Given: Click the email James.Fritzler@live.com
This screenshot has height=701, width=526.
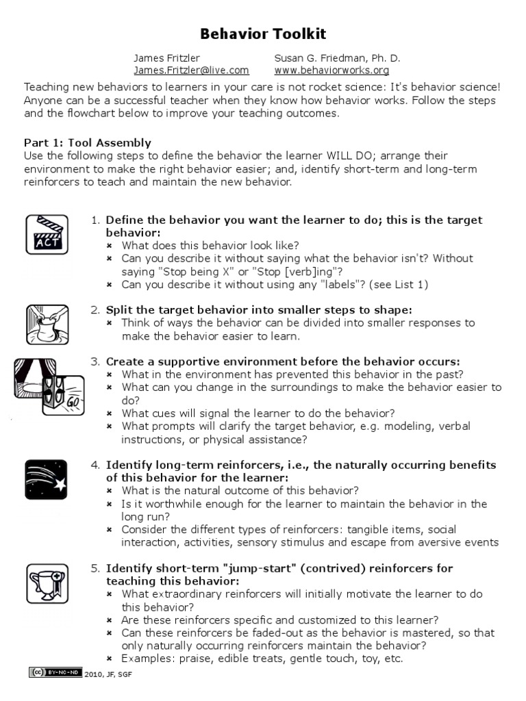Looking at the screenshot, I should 191,70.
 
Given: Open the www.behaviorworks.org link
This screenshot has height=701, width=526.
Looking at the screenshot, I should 331,70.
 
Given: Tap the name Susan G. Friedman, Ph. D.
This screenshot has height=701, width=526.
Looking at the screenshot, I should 337,58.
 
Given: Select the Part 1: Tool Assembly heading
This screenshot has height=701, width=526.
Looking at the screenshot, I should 88,142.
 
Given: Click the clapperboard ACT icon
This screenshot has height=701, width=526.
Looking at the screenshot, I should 47,235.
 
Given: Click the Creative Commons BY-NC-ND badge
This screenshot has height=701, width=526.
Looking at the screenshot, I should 55,673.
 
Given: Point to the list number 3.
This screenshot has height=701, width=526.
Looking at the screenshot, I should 95,361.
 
